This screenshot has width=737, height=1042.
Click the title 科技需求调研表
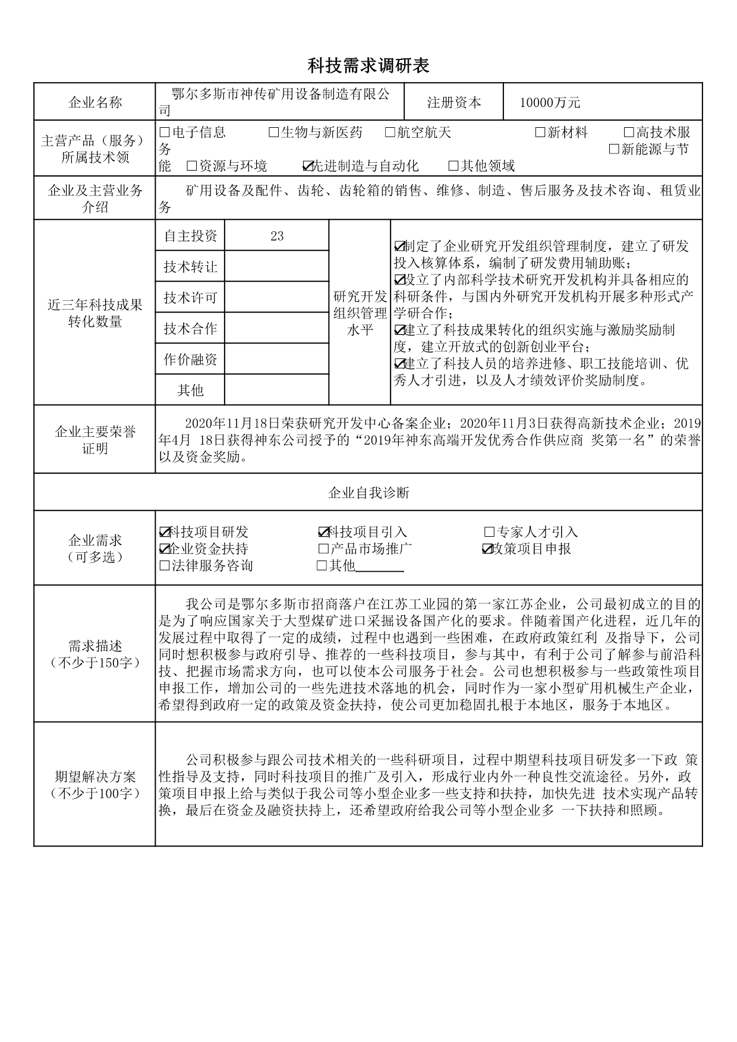[x=368, y=65]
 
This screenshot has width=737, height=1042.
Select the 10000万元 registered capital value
[x=549, y=102]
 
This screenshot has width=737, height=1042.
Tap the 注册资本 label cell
[x=453, y=102]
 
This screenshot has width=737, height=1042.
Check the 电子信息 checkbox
[x=165, y=132]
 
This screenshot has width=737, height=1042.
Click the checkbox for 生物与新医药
[x=273, y=132]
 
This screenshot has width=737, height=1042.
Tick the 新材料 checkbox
[x=540, y=132]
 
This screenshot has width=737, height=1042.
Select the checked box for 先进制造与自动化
[x=308, y=166]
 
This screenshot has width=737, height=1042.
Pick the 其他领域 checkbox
[x=453, y=166]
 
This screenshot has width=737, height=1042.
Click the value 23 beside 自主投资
[x=276, y=236]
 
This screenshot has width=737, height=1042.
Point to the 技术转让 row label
[x=190, y=267]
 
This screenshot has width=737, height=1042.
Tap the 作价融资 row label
[x=190, y=359]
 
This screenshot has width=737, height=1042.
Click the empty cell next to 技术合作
[x=276, y=328]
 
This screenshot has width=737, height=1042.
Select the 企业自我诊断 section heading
[x=368, y=493]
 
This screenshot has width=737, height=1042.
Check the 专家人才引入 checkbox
[x=489, y=532]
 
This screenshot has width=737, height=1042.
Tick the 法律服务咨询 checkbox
[x=165, y=565]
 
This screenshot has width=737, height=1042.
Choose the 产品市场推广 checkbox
[x=323, y=549]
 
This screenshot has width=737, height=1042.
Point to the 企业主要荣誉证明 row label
[x=95, y=440]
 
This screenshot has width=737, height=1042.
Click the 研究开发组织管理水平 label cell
[x=360, y=313]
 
